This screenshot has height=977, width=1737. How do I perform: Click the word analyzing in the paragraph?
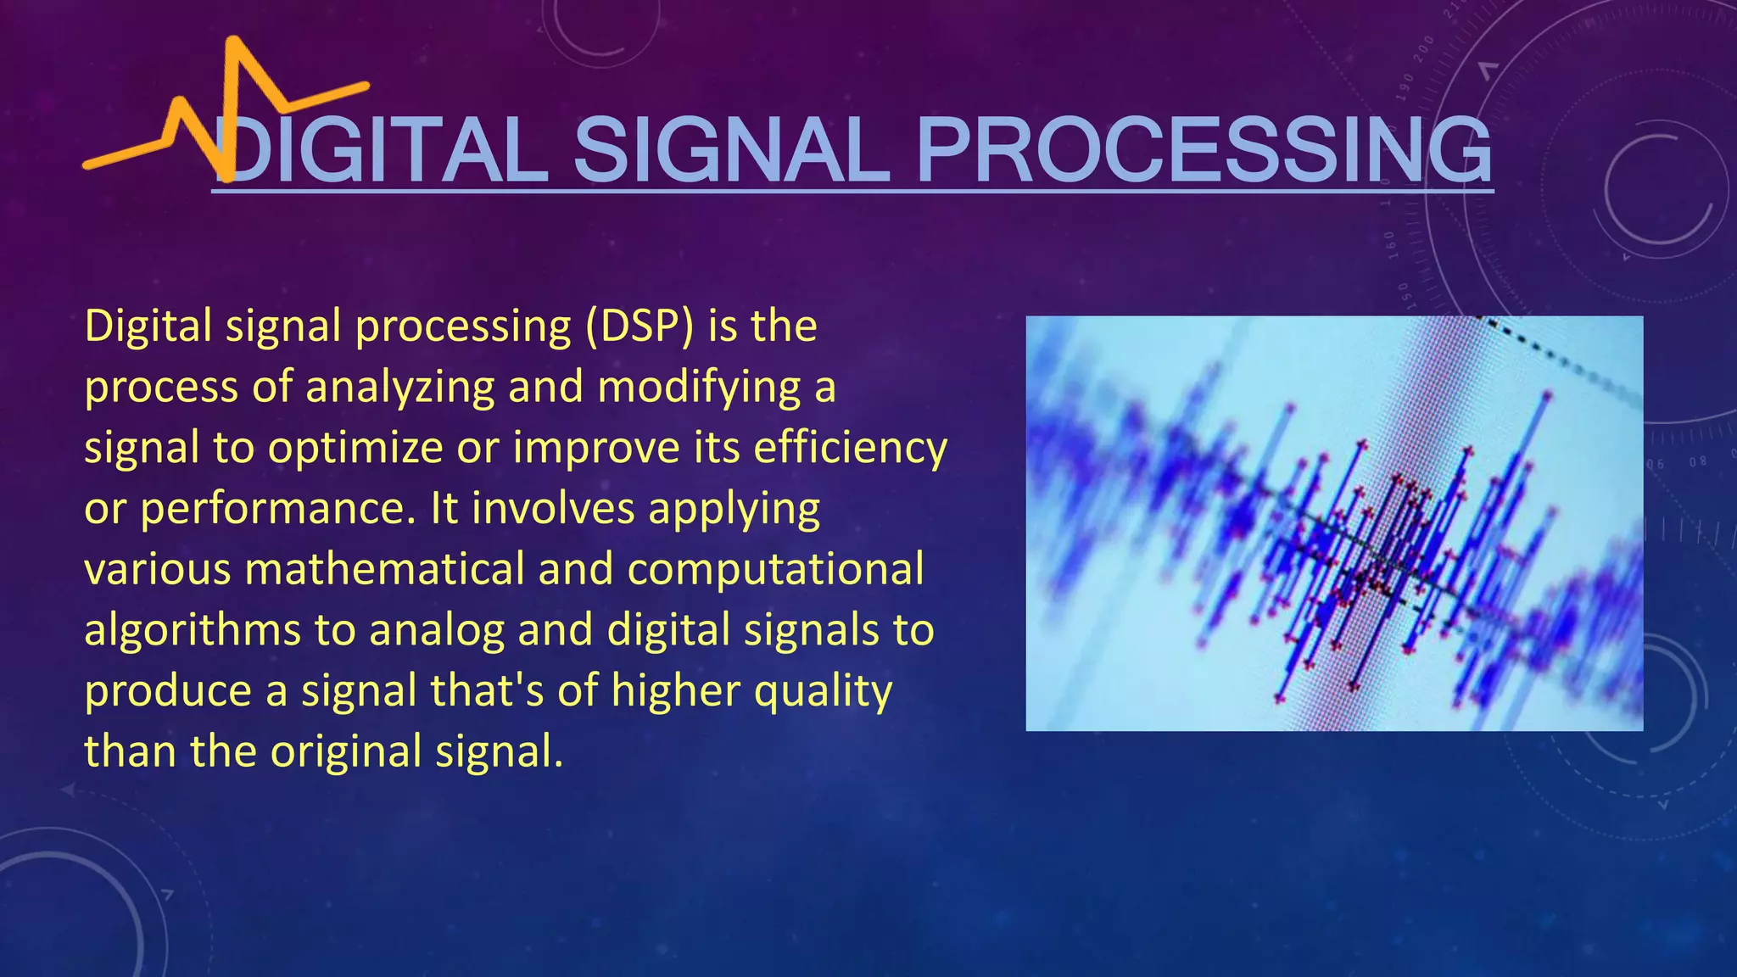[399, 388]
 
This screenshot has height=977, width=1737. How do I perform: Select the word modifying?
[699, 388]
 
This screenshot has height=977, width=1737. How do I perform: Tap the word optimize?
[355, 449]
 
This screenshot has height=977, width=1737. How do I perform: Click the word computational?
[775, 570]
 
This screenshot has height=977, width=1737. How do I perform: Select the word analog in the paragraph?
[437, 631]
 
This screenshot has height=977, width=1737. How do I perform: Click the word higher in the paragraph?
[675, 690]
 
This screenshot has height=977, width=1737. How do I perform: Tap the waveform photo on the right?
[1334, 523]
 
